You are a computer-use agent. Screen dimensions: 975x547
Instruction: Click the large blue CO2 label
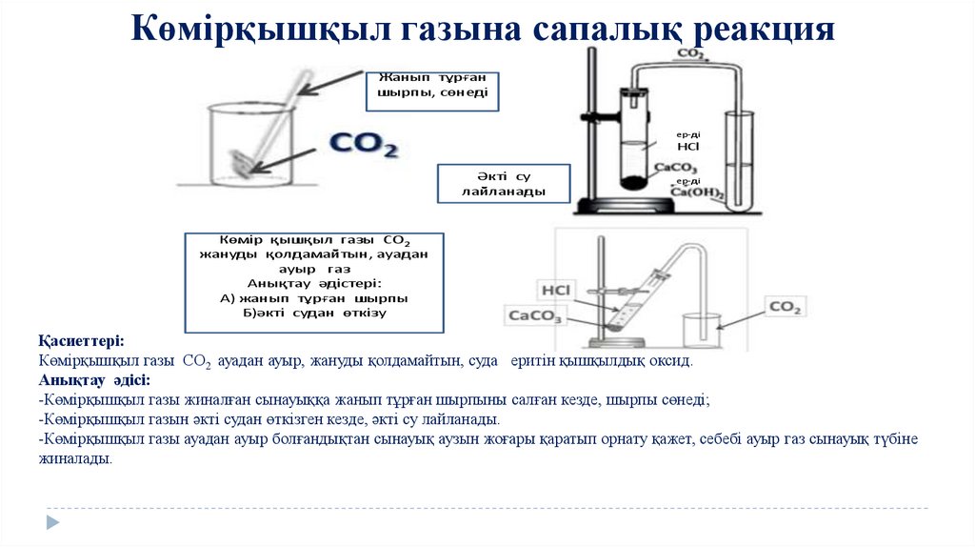pyautogui.click(x=363, y=145)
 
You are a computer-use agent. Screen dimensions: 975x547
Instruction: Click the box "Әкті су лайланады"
pyautogui.click(x=503, y=184)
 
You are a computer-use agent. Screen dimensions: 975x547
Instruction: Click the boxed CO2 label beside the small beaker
pyautogui.click(x=786, y=307)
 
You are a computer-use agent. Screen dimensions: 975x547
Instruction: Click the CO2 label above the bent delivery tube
pyautogui.click(x=691, y=54)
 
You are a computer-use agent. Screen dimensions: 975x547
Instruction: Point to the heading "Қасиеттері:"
pyautogui.click(x=81, y=341)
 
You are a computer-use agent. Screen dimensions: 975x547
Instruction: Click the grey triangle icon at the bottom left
pyautogui.click(x=53, y=521)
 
